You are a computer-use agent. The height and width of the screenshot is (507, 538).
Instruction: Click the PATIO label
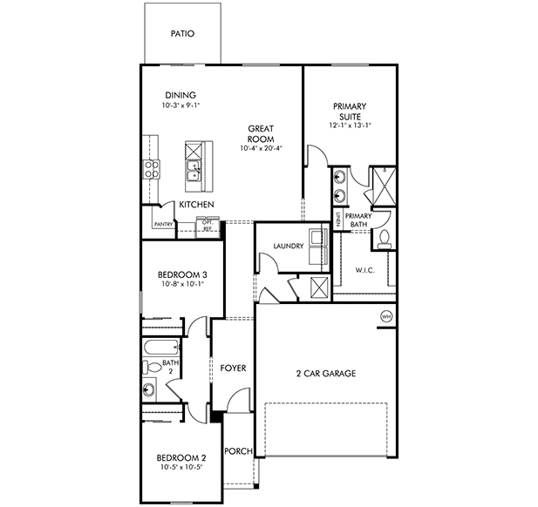coord(182,34)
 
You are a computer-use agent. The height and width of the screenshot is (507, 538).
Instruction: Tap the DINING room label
coord(180,96)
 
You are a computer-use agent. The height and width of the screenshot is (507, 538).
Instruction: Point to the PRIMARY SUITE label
coord(350,111)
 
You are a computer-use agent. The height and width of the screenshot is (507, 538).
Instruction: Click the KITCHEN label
coord(197,205)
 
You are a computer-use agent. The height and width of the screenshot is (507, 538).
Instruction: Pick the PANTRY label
coord(163,224)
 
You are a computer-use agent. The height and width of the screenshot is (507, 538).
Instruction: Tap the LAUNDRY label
coord(288,247)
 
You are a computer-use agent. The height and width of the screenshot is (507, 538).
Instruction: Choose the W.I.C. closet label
coord(364,270)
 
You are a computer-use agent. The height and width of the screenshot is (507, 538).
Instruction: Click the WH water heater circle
coord(386,315)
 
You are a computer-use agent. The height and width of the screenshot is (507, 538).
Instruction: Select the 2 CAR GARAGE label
coord(325,374)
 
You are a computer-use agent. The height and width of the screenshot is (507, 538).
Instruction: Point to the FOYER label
coord(233,368)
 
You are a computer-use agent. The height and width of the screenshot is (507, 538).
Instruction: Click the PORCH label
coord(238,451)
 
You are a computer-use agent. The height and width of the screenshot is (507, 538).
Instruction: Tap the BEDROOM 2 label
coord(180,458)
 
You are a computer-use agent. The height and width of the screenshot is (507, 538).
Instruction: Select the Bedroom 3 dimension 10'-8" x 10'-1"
coord(181,284)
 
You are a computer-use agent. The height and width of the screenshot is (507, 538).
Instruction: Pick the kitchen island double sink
coord(193,168)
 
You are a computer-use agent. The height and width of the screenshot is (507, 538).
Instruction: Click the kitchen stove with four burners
coord(152,168)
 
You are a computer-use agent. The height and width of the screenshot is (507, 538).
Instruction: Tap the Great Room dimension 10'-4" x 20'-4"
coord(261,149)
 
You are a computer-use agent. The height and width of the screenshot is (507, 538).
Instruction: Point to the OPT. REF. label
coord(208,225)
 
